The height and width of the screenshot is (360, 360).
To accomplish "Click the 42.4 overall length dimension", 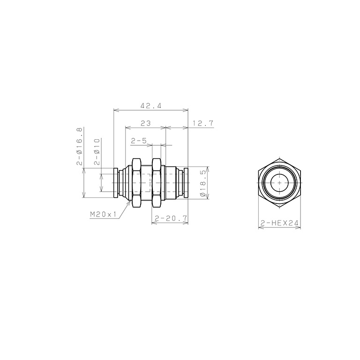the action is click(x=151, y=105).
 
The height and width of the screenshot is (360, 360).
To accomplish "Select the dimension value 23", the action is click(x=146, y=123).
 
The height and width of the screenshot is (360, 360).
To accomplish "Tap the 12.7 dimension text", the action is click(x=202, y=123).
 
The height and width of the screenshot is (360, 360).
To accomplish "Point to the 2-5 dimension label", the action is click(x=139, y=141).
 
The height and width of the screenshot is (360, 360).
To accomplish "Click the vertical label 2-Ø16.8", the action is click(x=79, y=146).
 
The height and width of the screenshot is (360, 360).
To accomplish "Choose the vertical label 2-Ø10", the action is click(x=97, y=151).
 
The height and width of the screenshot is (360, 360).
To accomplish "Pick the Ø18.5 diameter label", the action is click(x=202, y=183).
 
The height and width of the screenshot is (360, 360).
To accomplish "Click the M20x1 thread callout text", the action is click(x=103, y=215).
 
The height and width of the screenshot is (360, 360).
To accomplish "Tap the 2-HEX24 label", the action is click(x=279, y=223).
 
